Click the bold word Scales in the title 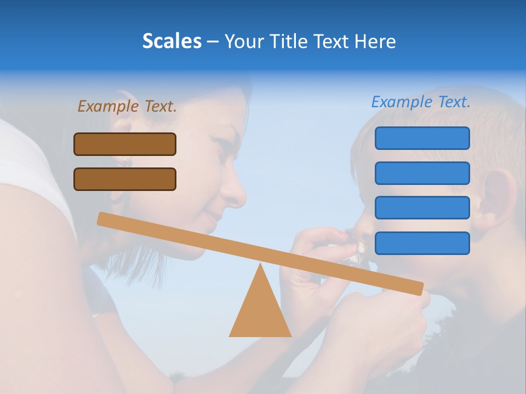pos(171,41)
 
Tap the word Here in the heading pos(376,41)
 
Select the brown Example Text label pos(127,106)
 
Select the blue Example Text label pos(421,102)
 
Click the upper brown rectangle pos(125,144)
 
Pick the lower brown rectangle pos(125,179)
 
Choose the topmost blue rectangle pos(422,138)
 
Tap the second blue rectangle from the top pos(422,173)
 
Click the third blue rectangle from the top pos(422,207)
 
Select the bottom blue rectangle pos(422,243)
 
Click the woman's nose pos(235,189)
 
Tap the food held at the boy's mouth pos(357,249)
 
